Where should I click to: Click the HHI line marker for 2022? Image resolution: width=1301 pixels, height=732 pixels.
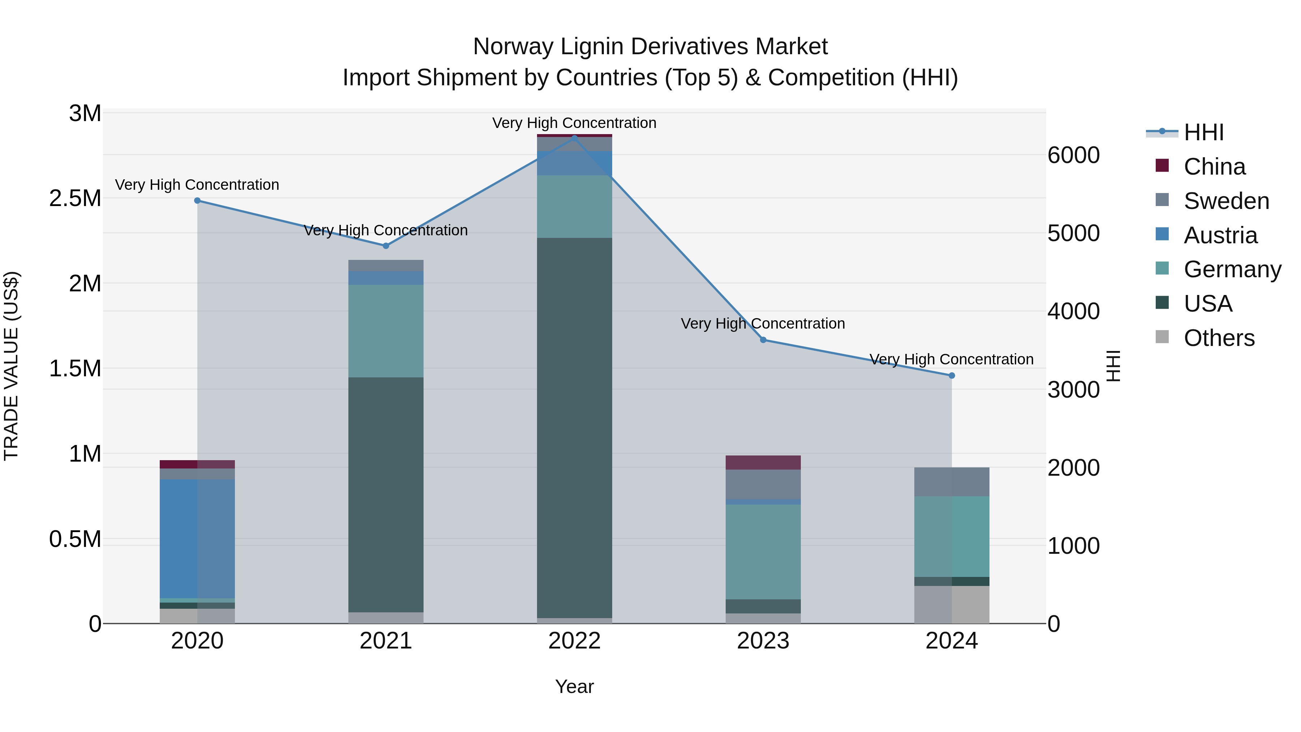pyautogui.click(x=574, y=137)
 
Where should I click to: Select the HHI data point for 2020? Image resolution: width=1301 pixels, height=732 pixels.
pyautogui.click(x=197, y=201)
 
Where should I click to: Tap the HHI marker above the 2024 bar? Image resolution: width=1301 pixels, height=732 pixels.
pyautogui.click(x=952, y=375)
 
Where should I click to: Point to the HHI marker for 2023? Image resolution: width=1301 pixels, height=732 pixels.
pyautogui.click(x=763, y=340)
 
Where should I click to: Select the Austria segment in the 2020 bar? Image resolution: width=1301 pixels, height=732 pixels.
pyautogui.click(x=197, y=538)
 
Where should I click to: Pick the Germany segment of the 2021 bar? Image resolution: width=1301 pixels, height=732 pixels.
pyautogui.click(x=386, y=331)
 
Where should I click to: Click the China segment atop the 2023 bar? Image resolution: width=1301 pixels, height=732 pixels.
pyautogui.click(x=763, y=462)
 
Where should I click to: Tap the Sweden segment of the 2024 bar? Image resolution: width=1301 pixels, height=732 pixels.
pyautogui.click(x=952, y=481)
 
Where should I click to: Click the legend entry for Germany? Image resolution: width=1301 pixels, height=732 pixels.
pyautogui.click(x=1232, y=269)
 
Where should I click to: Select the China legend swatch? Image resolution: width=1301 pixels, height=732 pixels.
pyautogui.click(x=1162, y=166)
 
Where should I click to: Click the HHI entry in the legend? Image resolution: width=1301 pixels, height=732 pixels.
pyautogui.click(x=1203, y=132)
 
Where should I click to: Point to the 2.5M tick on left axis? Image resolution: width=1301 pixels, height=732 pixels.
pyautogui.click(x=75, y=198)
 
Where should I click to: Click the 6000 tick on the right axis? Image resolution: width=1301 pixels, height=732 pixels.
pyautogui.click(x=1073, y=155)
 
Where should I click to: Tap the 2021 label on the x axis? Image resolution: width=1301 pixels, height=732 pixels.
pyautogui.click(x=386, y=641)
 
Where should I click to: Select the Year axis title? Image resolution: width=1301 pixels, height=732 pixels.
pyautogui.click(x=574, y=686)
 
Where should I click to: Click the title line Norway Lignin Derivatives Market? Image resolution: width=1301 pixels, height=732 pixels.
pyautogui.click(x=650, y=47)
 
